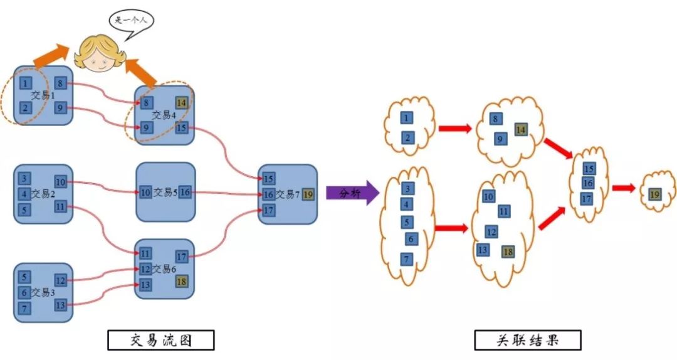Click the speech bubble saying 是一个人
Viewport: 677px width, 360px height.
[x=131, y=20]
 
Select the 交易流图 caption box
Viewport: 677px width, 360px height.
[x=161, y=341]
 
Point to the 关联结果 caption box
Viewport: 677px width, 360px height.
[x=527, y=341]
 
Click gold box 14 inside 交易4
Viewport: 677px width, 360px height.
[x=181, y=103]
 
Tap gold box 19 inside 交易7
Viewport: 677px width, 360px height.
[x=307, y=194]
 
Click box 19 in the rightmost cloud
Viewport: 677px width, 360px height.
[x=654, y=194]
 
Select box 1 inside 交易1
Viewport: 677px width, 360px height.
[x=24, y=83]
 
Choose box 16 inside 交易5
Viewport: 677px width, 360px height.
[x=185, y=193]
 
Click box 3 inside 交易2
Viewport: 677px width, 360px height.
[x=24, y=179]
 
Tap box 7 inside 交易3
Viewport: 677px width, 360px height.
[x=24, y=308]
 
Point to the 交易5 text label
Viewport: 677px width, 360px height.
[x=165, y=193]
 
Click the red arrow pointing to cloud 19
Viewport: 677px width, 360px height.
[x=624, y=188]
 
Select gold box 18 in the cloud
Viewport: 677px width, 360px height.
[x=508, y=251]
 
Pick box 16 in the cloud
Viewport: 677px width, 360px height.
[x=588, y=183]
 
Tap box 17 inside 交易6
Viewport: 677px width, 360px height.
[x=181, y=256]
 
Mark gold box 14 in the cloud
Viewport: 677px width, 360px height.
[x=520, y=130]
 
